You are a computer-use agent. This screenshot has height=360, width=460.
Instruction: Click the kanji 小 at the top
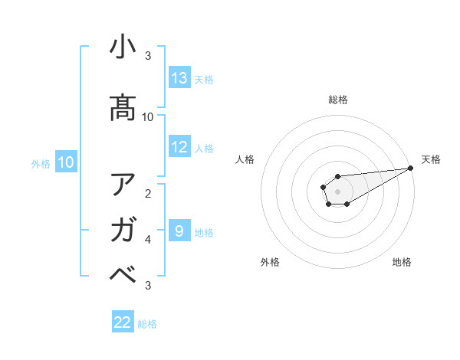click(123, 48)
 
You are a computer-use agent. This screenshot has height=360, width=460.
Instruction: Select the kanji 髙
click(123, 107)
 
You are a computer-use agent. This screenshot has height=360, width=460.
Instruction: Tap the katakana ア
click(123, 185)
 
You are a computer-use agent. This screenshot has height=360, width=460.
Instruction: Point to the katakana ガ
click(123, 229)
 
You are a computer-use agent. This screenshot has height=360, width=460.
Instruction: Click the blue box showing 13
click(179, 78)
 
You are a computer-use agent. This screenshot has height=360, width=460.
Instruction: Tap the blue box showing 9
click(179, 231)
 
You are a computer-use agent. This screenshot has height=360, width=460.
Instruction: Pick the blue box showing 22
click(123, 322)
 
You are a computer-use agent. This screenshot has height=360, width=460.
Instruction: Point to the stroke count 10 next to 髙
click(148, 117)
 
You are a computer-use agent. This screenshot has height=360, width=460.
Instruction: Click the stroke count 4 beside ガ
click(148, 240)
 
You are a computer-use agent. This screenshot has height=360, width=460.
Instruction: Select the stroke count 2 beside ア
click(148, 193)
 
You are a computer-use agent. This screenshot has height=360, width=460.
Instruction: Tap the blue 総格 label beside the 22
click(147, 324)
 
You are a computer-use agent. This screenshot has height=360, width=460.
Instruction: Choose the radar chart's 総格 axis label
click(338, 100)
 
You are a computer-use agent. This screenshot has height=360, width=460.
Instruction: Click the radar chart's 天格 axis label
click(431, 159)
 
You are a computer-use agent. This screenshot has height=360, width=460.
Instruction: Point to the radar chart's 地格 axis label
click(402, 262)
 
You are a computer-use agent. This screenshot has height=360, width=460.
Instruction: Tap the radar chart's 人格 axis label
click(245, 159)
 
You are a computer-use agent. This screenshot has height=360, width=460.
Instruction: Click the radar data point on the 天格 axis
click(411, 168)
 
